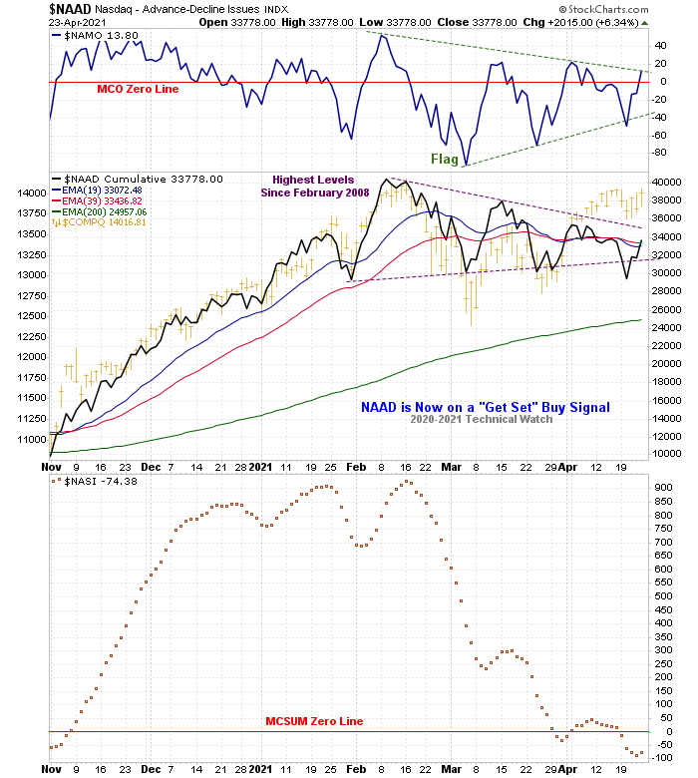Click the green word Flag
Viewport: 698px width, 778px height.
pyautogui.click(x=445, y=159)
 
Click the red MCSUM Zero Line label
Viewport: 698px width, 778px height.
pyautogui.click(x=314, y=721)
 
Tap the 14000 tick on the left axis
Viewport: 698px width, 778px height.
pyautogui.click(x=32, y=193)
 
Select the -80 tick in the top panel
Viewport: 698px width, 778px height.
pyautogui.click(x=660, y=153)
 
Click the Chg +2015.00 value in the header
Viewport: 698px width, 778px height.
pyautogui.click(x=588, y=22)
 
